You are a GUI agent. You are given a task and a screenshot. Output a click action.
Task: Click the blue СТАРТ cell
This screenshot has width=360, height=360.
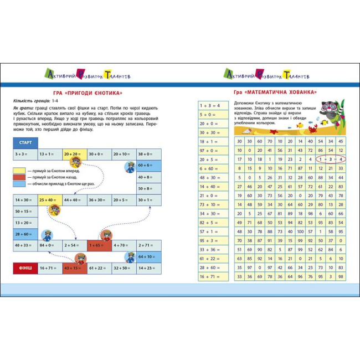pos(25,142)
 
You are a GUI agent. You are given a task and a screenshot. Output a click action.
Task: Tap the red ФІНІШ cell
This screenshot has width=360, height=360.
pos(25,268)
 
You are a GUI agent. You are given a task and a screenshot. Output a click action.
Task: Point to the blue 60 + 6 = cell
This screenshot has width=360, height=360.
pos(149,165)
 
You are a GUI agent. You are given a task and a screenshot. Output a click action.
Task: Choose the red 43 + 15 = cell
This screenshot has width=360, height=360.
pos(75,268)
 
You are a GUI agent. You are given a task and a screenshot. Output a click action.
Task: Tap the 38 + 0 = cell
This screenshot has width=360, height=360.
pos(149,154)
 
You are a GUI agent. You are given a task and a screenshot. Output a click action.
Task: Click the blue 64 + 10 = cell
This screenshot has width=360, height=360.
pos(149,256)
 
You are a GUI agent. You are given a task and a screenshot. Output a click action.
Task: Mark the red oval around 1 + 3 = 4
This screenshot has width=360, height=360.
pos(331,159)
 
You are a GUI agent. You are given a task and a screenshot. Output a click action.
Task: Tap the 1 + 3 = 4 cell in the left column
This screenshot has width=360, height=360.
pos(214,105)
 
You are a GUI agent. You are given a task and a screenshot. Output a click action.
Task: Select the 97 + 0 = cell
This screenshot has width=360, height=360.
pos(214,150)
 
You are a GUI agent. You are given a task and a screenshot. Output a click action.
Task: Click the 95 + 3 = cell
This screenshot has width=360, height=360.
pos(214,240)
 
